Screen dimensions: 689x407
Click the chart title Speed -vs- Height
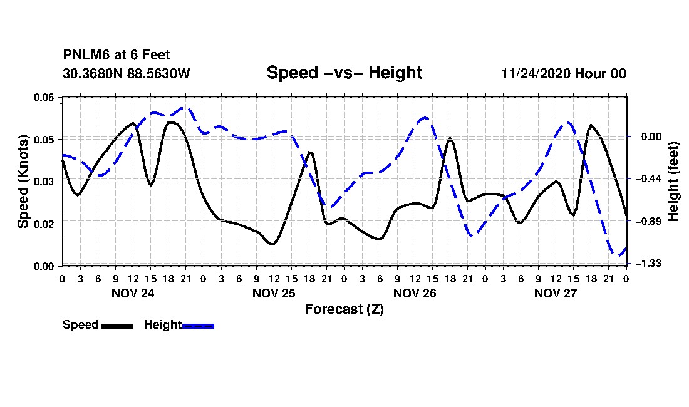[x=344, y=73]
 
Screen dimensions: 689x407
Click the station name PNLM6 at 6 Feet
[x=117, y=55]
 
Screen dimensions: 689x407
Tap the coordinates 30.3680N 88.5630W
[x=127, y=73]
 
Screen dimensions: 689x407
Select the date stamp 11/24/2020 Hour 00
[x=564, y=73]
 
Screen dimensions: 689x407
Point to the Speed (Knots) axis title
[x=23, y=182]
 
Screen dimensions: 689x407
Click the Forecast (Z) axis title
[x=344, y=309]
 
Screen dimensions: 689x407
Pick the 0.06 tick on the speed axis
[x=44, y=97]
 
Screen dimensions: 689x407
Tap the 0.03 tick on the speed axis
[x=44, y=182]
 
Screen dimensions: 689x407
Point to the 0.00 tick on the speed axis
[x=44, y=267]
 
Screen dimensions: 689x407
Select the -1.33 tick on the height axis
[x=648, y=264]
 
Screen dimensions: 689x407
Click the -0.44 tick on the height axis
[x=648, y=178]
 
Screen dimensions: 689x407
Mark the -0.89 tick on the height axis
[x=648, y=221]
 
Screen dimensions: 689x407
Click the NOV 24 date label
[x=133, y=293]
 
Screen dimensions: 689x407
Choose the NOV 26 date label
[x=415, y=293]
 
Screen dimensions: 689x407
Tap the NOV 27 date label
[x=556, y=293]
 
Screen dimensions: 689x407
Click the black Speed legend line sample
[x=117, y=326]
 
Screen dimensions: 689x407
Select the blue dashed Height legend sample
[x=198, y=326]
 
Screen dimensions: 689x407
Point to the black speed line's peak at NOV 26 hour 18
[x=450, y=138]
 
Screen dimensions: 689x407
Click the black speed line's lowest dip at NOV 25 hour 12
[x=273, y=245]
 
